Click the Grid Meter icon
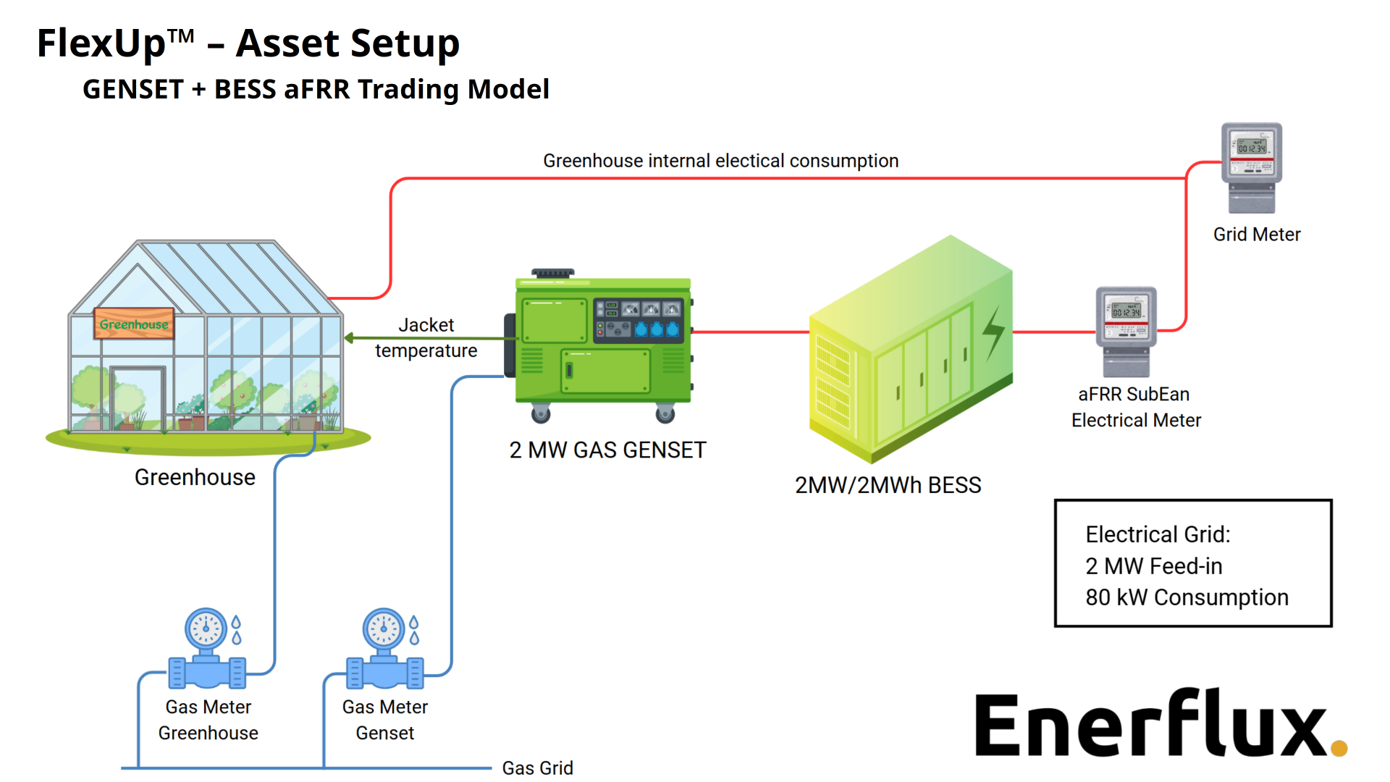(x=1252, y=167)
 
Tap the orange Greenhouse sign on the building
(x=134, y=324)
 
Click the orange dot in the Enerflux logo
(x=1339, y=747)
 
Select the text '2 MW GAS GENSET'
(x=607, y=450)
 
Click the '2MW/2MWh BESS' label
(x=888, y=484)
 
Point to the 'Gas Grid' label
(x=537, y=768)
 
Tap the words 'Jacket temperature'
(x=426, y=337)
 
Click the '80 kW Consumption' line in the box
(x=1187, y=597)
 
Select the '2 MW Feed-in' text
(x=1153, y=566)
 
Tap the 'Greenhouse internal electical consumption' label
(x=720, y=161)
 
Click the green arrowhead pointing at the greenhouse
(x=349, y=337)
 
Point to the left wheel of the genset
(x=541, y=414)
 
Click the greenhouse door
(x=138, y=398)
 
